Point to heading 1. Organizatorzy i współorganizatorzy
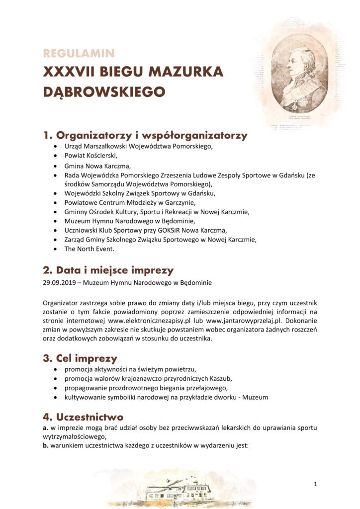click(x=145, y=135)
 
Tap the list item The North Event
click(x=90, y=249)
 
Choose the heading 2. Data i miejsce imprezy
click(x=108, y=270)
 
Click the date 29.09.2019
click(x=61, y=283)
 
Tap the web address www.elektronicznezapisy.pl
click(x=151, y=321)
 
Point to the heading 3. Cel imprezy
click(x=80, y=358)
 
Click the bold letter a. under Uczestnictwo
click(x=45, y=427)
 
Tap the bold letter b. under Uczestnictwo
click(x=45, y=445)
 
